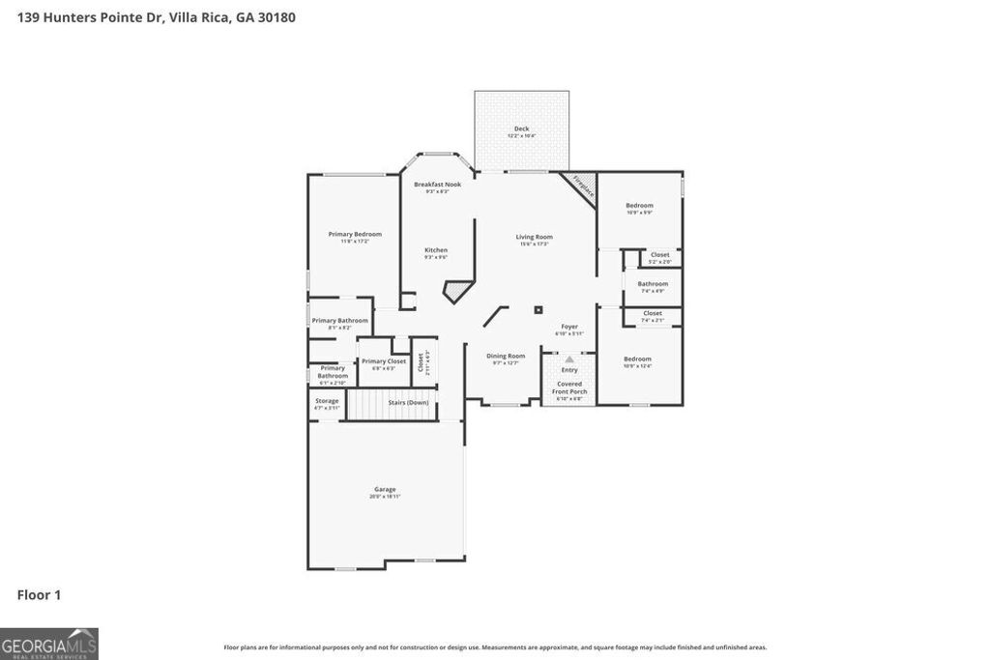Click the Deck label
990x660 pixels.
(x=521, y=129)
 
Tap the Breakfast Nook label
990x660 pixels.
(x=437, y=185)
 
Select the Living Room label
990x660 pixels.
(x=534, y=238)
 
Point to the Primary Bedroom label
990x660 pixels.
(x=354, y=235)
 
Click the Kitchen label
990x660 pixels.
(x=436, y=251)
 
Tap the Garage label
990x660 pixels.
(x=385, y=490)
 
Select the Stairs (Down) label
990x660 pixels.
(x=408, y=403)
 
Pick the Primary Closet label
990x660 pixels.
(x=384, y=361)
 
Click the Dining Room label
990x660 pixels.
(x=506, y=357)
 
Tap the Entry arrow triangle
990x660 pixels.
(x=569, y=359)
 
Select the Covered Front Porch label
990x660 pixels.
(x=569, y=387)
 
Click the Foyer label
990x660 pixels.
(x=569, y=328)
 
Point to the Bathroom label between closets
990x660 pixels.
(x=653, y=285)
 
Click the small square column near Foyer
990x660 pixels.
(x=539, y=310)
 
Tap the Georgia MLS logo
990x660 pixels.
(x=49, y=644)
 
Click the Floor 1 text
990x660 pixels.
(x=39, y=595)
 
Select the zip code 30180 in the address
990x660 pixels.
(x=277, y=16)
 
